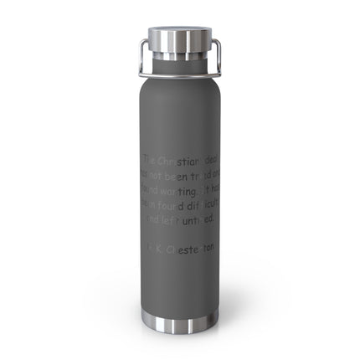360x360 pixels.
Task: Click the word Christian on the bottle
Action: [178, 158]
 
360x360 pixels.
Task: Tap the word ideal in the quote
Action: [207, 158]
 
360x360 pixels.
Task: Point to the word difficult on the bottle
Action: [202, 203]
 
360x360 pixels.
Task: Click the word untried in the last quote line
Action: [198, 219]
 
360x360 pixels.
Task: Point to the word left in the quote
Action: [170, 219]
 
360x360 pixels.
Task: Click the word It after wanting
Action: [203, 188]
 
